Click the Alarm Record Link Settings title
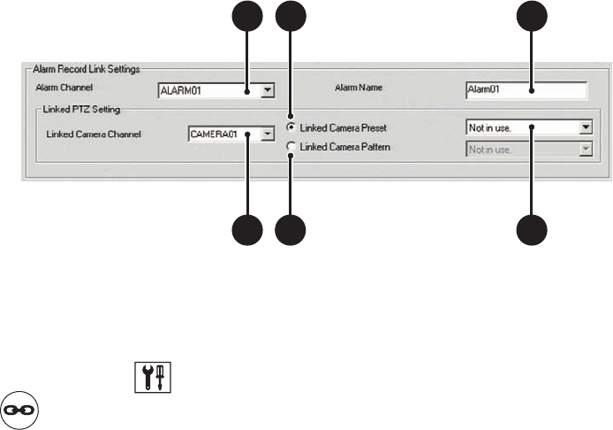pos(92,67)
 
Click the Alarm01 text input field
pos(526,89)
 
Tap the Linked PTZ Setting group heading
pos(81,111)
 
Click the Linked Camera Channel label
pos(99,135)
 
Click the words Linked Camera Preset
pos(343,127)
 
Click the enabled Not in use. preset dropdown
pos(521,127)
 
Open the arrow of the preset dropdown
pos(584,127)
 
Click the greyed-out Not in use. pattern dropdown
pos(521,149)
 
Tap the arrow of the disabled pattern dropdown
pos(584,149)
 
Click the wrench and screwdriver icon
pos(152,375)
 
